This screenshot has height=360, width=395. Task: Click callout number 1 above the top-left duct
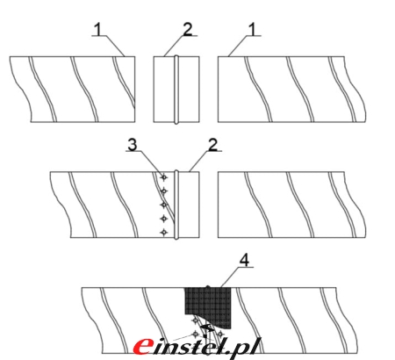(x=98, y=30)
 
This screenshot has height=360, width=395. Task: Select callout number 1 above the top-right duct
(x=252, y=30)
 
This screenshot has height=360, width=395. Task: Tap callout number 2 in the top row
(x=188, y=29)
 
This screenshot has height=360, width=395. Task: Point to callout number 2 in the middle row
(x=212, y=145)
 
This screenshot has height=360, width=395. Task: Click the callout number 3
(x=133, y=145)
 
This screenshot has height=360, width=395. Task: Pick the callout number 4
(x=244, y=260)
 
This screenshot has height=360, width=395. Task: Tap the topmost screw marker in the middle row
(x=164, y=177)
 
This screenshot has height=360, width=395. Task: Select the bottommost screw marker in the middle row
(x=164, y=232)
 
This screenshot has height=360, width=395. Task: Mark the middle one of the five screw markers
(x=164, y=205)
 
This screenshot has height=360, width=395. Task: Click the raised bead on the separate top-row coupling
(x=176, y=90)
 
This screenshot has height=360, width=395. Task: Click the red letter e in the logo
(x=143, y=346)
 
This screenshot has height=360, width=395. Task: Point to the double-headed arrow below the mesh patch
(x=207, y=328)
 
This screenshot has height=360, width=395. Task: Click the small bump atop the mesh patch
(x=208, y=287)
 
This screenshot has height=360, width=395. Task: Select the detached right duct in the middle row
(x=291, y=205)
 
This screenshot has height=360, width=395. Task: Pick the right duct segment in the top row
(x=291, y=90)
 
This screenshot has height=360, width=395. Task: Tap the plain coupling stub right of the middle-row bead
(x=189, y=205)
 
